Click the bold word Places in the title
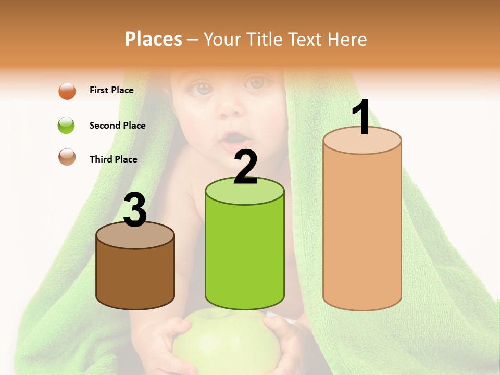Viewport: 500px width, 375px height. point(153,39)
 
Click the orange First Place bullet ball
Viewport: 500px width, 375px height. point(67,91)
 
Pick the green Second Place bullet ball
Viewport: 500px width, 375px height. point(67,126)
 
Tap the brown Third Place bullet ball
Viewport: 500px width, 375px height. point(67,157)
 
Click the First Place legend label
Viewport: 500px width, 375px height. point(111,90)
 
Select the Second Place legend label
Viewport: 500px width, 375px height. point(117,126)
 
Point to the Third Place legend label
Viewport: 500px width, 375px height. point(113,159)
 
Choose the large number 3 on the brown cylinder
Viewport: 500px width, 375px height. point(135,210)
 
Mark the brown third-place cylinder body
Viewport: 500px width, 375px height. point(135,276)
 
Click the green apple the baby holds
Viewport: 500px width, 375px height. point(225,341)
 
